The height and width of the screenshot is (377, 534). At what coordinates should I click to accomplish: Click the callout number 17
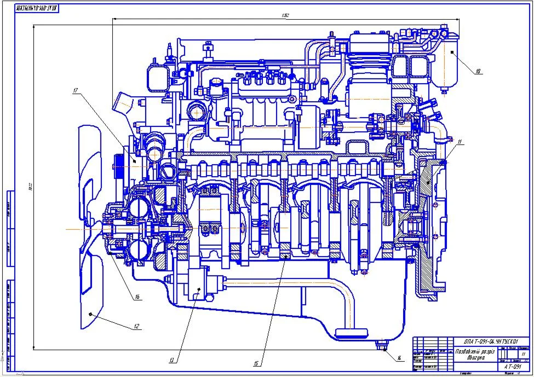tap(76, 91)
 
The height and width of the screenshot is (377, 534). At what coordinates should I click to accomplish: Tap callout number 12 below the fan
tap(136, 326)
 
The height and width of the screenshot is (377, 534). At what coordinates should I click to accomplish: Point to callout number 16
tap(137, 297)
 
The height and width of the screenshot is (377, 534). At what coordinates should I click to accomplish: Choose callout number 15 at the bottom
tap(256, 363)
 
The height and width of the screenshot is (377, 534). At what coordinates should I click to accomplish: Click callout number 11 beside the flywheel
tap(460, 142)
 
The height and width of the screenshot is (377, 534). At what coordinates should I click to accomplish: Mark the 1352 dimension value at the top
tap(285, 15)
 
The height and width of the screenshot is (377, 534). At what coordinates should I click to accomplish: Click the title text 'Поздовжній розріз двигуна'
tap(475, 355)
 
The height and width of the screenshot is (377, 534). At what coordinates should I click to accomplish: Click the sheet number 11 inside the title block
tap(522, 354)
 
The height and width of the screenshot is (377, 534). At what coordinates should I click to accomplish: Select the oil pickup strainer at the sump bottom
tap(350, 332)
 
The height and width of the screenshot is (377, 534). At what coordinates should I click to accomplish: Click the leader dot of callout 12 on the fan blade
tap(89, 314)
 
